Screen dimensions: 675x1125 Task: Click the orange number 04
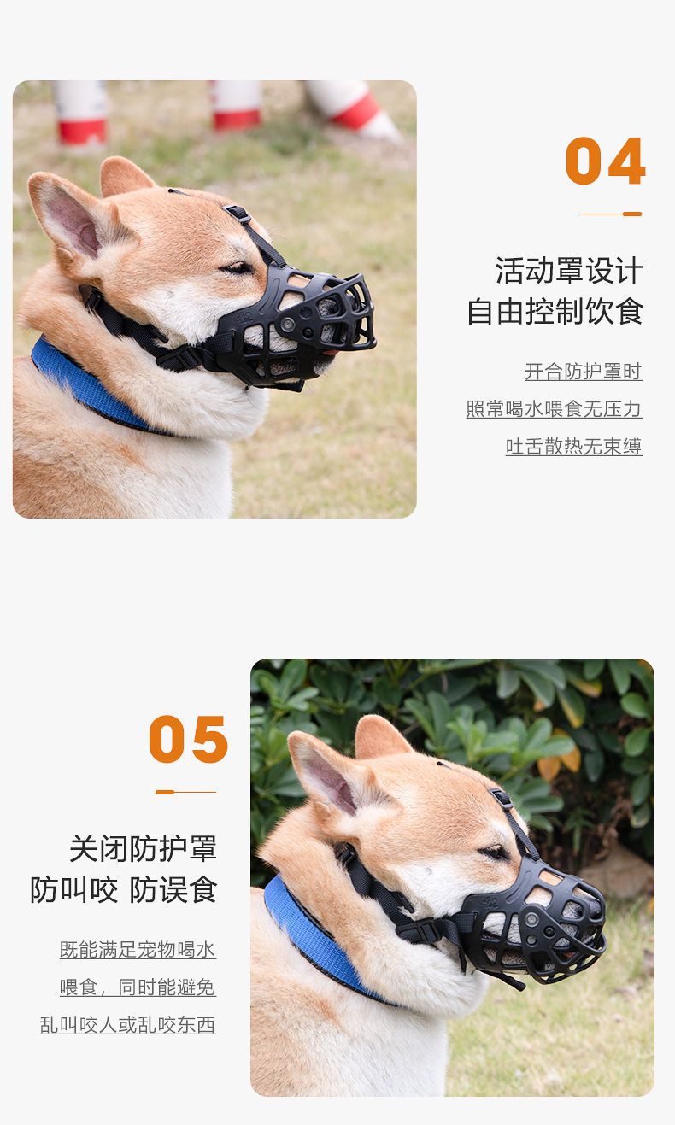click(605, 161)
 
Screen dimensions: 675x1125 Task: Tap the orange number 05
click(188, 739)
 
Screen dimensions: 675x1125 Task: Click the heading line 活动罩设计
click(569, 271)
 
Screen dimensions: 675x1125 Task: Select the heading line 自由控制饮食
click(555, 312)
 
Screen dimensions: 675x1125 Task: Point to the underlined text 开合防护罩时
click(584, 372)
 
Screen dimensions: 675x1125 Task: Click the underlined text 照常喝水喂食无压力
click(554, 409)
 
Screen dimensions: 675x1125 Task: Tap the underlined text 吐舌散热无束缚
click(573, 447)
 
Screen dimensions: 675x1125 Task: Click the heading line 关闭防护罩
click(144, 849)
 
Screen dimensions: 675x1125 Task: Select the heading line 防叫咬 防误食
click(124, 890)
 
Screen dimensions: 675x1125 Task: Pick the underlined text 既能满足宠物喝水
click(138, 950)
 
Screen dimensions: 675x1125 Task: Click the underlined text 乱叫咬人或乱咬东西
click(127, 1025)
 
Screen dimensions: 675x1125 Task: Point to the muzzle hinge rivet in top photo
click(288, 325)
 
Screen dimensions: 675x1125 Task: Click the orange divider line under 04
click(611, 214)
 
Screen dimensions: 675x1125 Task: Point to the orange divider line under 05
click(185, 792)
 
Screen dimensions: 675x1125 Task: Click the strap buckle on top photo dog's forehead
click(237, 213)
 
